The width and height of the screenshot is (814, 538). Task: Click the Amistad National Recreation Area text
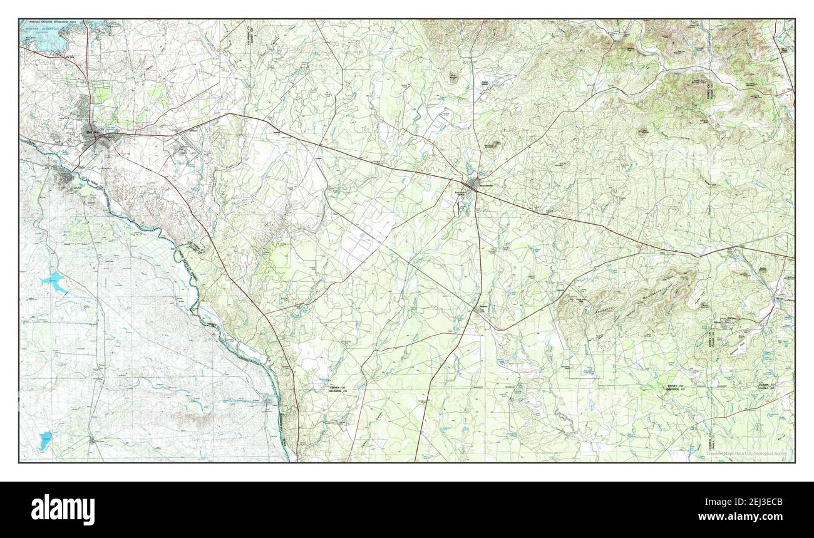[x=56, y=22]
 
